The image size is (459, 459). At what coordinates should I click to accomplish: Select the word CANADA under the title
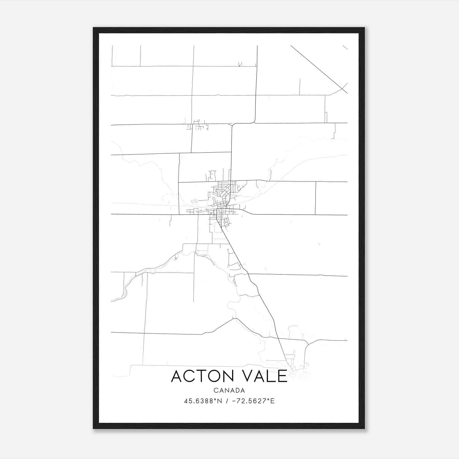(x=229, y=390)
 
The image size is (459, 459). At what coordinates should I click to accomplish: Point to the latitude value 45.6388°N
(x=203, y=401)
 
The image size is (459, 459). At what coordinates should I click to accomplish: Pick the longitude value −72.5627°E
(x=252, y=401)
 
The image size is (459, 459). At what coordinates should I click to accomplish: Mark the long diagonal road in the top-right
(x=318, y=69)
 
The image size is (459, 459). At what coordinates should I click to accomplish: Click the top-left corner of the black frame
(x=94, y=28)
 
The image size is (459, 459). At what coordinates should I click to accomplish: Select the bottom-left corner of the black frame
(x=94, y=428)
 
